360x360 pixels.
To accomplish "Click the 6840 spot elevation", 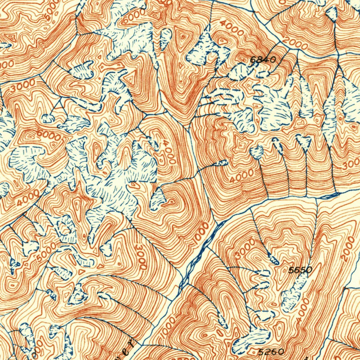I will [263, 60].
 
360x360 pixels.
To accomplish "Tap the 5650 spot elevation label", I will [300, 270].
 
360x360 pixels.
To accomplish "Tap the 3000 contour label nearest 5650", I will [245, 249].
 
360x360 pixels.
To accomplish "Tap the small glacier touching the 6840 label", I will [246, 70].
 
